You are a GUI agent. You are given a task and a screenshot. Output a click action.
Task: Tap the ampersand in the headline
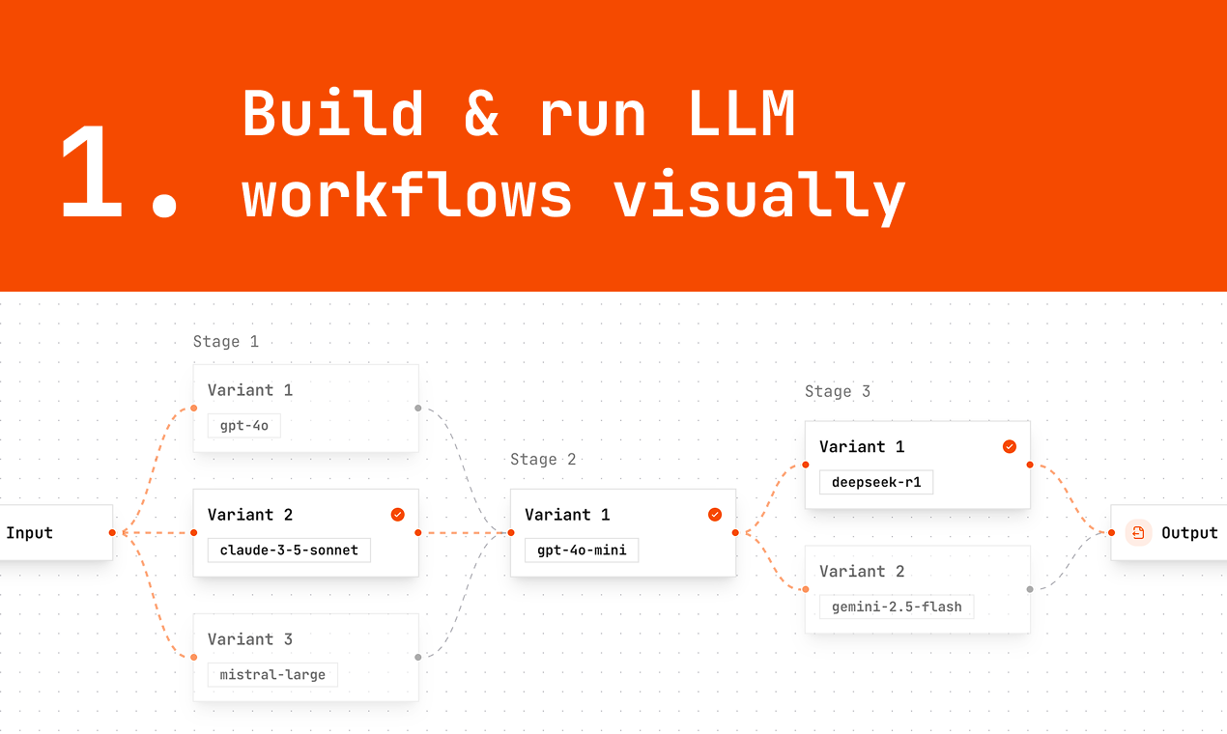pos(480,113)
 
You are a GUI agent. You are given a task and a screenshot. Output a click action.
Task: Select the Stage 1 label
pos(226,342)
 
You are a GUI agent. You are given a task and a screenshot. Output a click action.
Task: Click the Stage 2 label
pos(543,460)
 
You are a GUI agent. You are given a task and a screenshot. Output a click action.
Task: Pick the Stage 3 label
pos(838,391)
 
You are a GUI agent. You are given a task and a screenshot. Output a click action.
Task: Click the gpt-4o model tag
pos(243,426)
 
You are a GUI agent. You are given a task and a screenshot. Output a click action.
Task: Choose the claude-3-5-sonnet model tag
pos(289,550)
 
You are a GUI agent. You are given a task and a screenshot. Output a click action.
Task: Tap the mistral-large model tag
pos(272,674)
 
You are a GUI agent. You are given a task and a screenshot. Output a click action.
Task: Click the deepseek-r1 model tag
pos(876,482)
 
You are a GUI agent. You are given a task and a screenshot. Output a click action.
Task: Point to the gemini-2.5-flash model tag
pos(897,607)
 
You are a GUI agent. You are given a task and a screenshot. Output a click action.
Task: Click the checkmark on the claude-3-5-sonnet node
pos(397,515)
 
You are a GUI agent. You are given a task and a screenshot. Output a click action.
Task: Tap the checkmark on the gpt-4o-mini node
pos(715,515)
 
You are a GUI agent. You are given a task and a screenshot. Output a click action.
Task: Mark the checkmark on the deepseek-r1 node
pos(1009,446)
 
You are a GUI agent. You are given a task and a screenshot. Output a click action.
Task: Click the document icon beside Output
pos(1138,532)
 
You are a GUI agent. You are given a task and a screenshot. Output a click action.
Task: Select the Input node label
pos(30,532)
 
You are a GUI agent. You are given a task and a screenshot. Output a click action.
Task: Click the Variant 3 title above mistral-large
pos(250,639)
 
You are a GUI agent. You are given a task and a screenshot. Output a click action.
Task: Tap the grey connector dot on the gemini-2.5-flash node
pos(1030,588)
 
